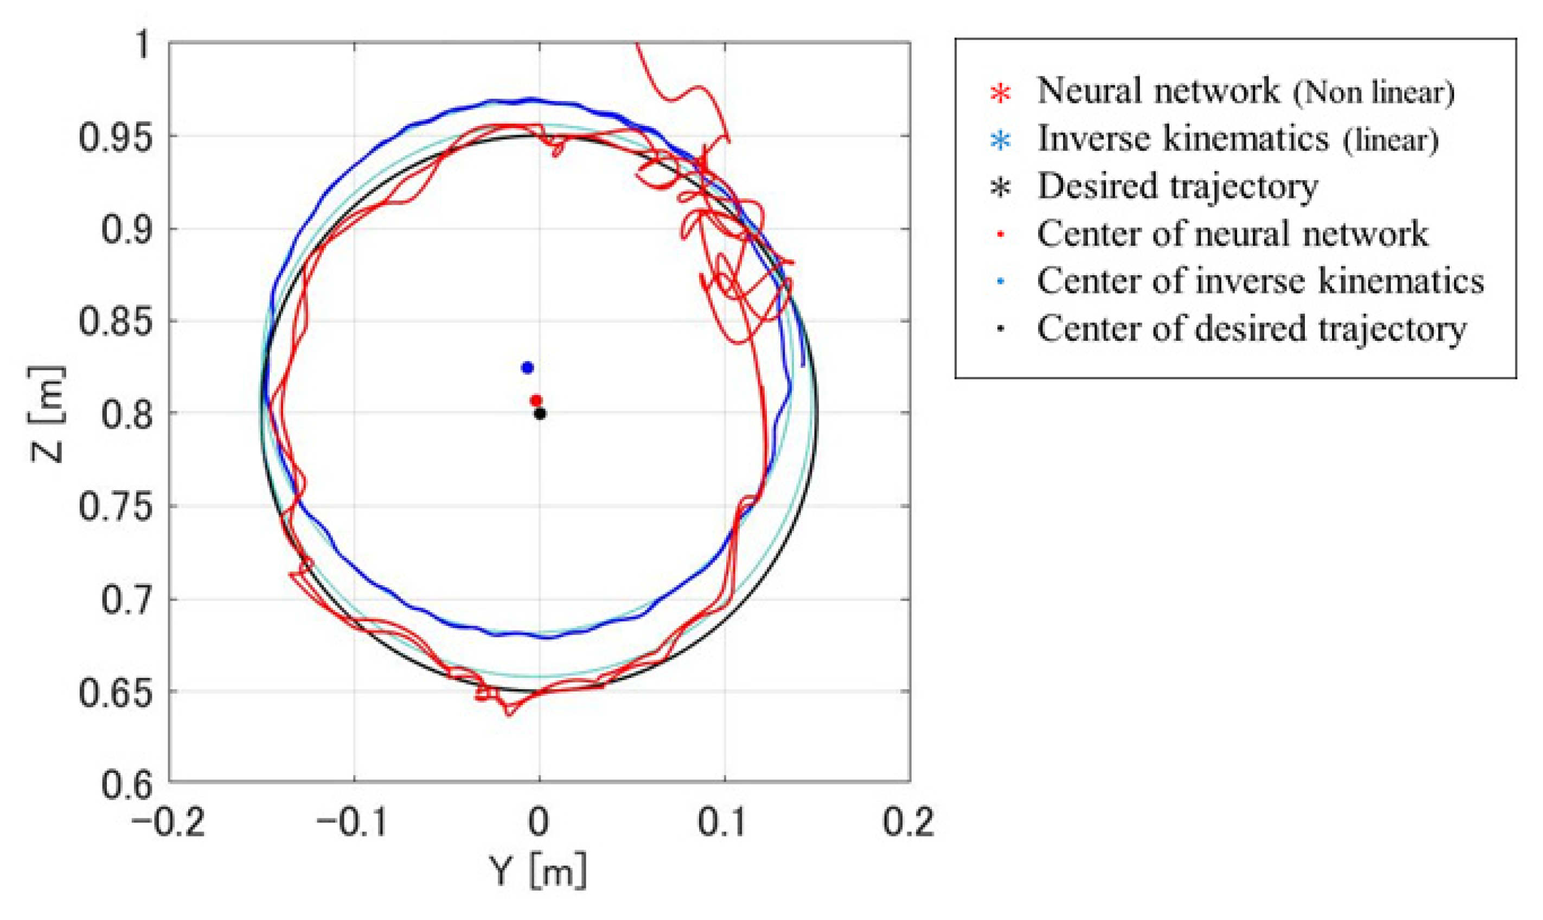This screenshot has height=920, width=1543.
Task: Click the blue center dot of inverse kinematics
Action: tap(527, 367)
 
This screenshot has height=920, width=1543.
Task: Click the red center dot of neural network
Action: tap(536, 401)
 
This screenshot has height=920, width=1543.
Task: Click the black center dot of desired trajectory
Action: tap(540, 414)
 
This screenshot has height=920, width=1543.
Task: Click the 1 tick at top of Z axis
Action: tap(143, 45)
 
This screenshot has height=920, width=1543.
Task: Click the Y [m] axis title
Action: tap(537, 872)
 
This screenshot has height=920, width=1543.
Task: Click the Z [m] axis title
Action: tap(47, 414)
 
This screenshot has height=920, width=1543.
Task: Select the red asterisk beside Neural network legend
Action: tap(1001, 93)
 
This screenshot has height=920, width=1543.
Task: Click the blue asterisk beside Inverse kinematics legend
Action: tap(1001, 141)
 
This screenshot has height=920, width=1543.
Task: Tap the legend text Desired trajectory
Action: tap(1177, 186)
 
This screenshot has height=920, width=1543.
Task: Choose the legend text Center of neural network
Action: tap(1233, 234)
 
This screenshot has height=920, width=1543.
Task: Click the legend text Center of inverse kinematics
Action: tap(1260, 281)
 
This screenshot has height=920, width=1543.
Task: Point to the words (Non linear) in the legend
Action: tap(1373, 93)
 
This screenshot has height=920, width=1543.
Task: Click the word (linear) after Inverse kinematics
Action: tap(1391, 141)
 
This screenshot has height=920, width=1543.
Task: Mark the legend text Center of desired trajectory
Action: tap(1251, 328)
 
